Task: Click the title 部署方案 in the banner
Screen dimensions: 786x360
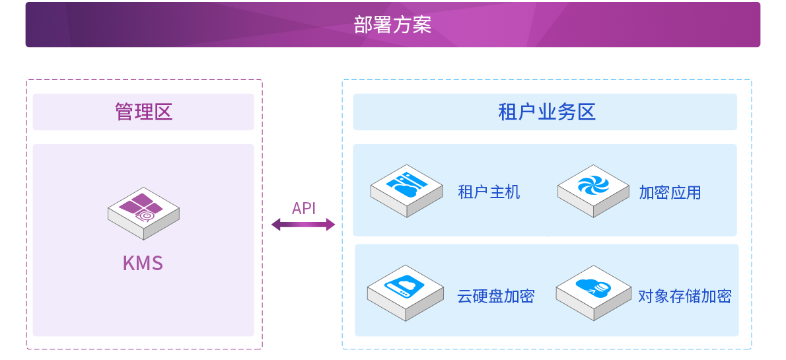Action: point(392,24)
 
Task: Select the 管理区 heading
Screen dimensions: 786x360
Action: point(144,112)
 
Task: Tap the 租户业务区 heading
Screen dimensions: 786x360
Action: point(547,112)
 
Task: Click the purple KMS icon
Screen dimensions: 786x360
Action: point(143,213)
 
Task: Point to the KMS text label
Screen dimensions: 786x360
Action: point(143,264)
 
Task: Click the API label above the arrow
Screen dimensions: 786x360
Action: point(304,208)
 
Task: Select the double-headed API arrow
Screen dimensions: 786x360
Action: point(303,224)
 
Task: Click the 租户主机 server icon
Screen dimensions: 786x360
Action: point(406,190)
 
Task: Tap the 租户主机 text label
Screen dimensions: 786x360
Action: point(489,192)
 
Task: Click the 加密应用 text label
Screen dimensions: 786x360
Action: point(670,192)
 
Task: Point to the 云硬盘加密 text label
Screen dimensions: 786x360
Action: point(496,297)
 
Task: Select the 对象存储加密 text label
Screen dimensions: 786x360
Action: point(685,297)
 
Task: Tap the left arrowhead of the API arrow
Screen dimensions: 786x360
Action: point(275,224)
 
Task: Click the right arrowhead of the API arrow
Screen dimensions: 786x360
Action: point(331,224)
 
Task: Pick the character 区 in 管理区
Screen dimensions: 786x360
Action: point(163,112)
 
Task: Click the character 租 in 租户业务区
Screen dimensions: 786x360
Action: point(507,112)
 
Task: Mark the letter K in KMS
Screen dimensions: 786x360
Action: point(129,264)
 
